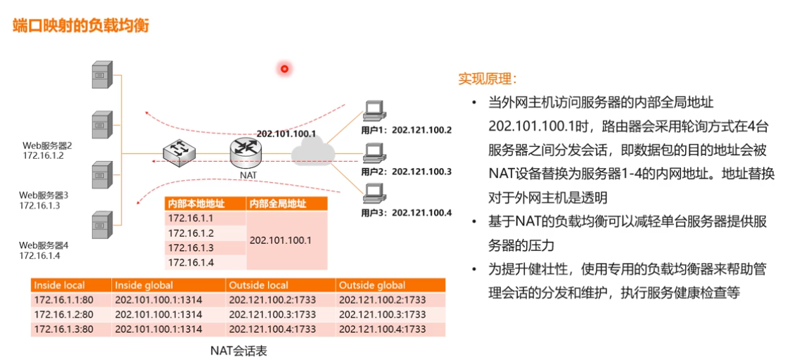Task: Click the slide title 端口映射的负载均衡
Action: point(81,25)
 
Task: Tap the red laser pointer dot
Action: point(285,68)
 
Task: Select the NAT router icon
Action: point(245,150)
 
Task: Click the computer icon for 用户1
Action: point(373,110)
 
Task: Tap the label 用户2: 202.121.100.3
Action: point(406,171)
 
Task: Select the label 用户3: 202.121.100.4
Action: point(406,212)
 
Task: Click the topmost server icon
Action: point(102,75)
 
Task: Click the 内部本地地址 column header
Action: point(196,204)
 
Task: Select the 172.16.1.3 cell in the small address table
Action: point(191,247)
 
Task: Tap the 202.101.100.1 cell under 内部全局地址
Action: point(280,240)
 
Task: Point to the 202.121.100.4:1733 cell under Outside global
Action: point(382,328)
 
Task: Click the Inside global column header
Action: point(139,285)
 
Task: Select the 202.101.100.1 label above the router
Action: point(286,134)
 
